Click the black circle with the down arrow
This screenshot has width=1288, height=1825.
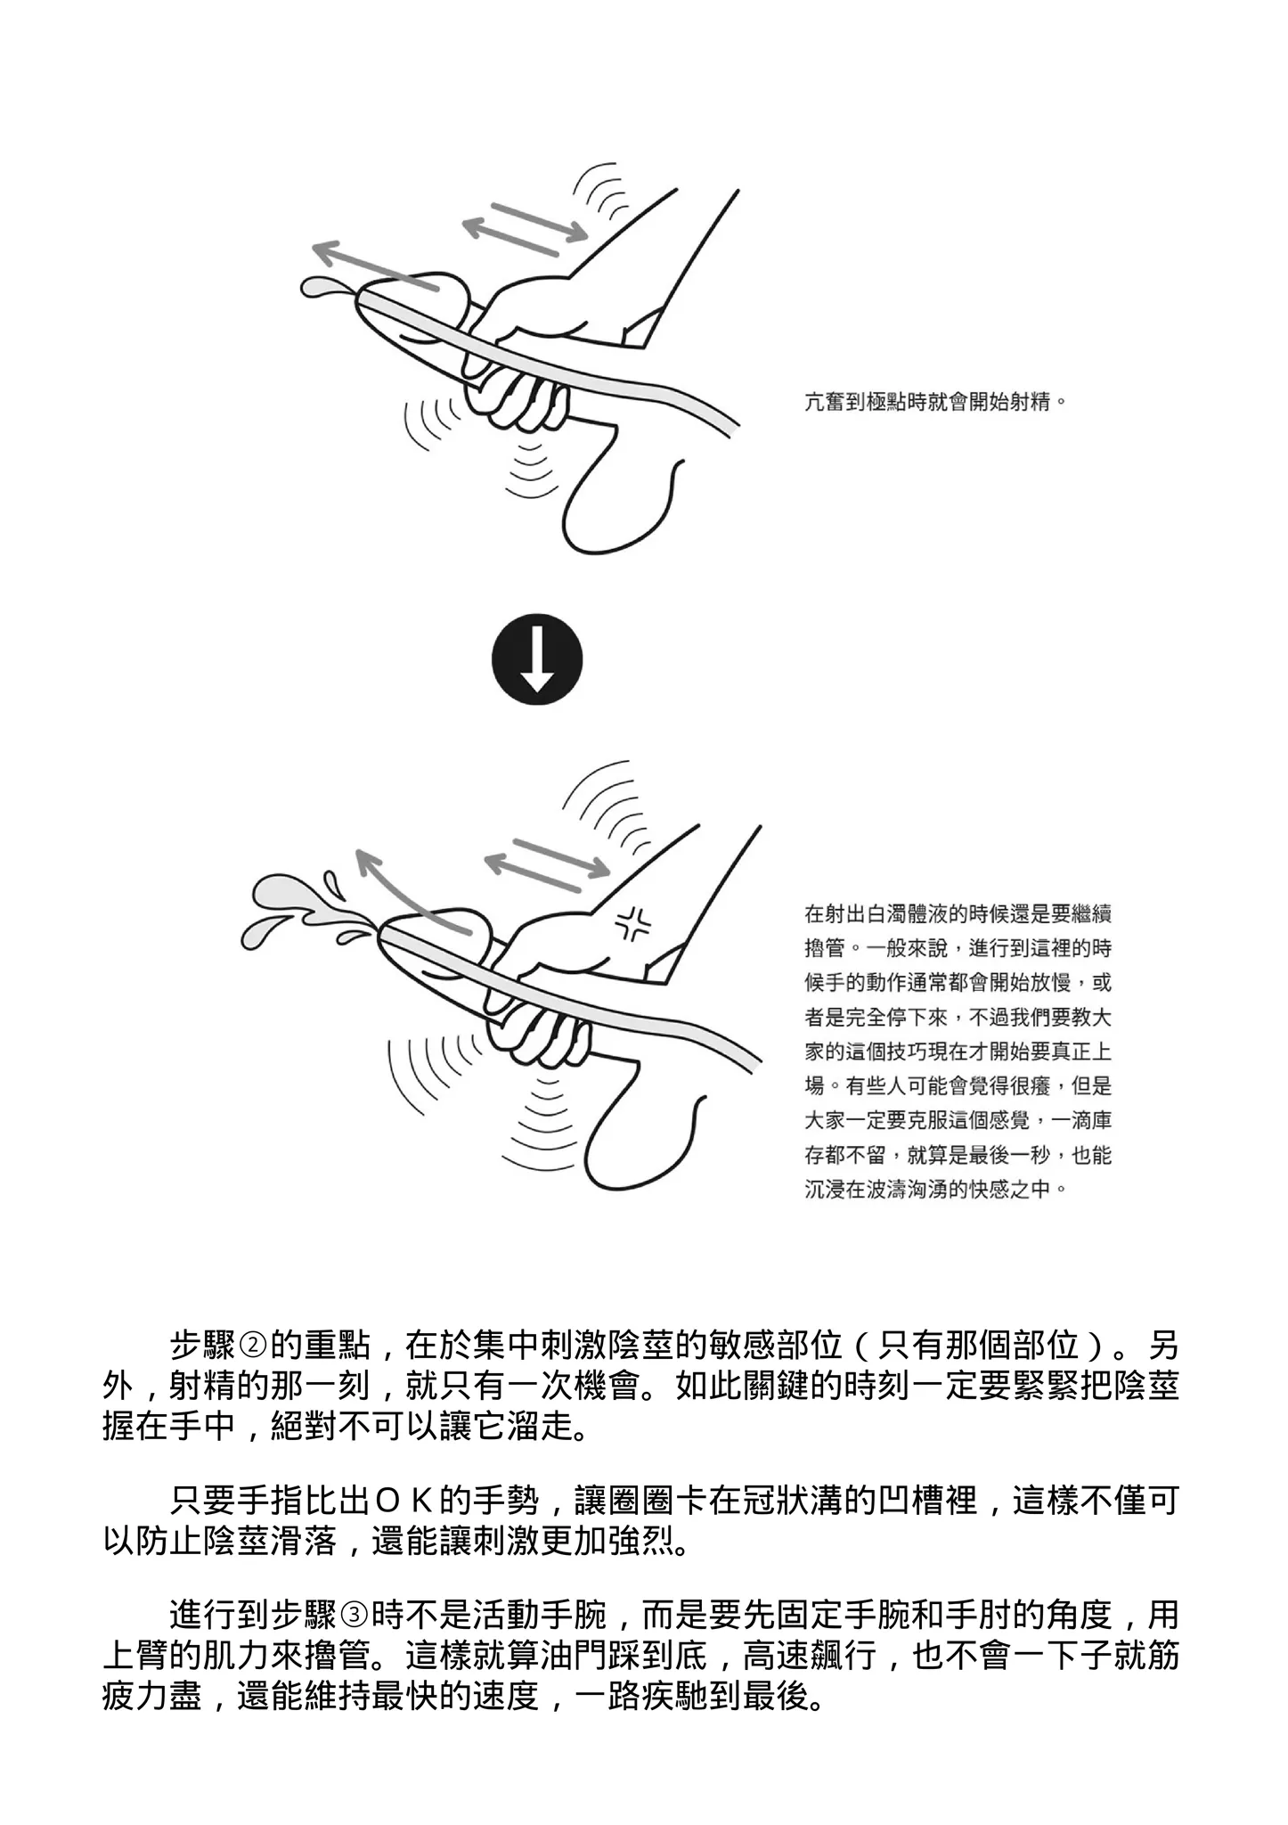pos(537,660)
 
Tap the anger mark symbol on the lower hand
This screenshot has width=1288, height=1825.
pos(633,926)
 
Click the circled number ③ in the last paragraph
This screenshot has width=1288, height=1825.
pos(354,1615)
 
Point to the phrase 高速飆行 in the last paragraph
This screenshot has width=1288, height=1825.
pos(811,1657)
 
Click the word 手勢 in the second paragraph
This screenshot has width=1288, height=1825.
pos(506,1502)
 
